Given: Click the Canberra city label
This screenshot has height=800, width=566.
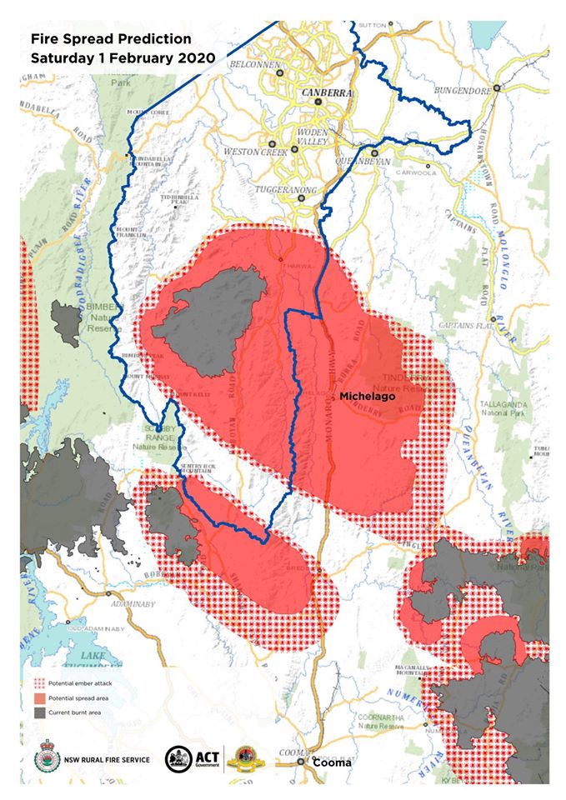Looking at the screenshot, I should coord(327,92).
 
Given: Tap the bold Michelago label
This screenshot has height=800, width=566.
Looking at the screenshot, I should coord(366,397).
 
